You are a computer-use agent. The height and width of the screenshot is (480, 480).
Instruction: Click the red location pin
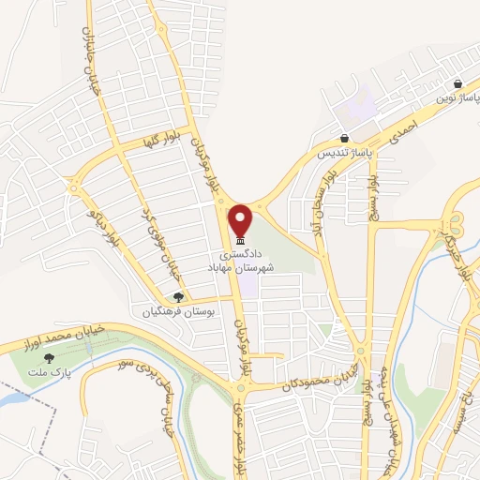[241, 221]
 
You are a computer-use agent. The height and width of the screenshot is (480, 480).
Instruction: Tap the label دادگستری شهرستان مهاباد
[248, 262]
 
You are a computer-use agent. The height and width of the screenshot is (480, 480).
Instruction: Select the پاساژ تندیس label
[344, 151]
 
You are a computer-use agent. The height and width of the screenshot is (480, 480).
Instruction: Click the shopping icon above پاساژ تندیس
[345, 138]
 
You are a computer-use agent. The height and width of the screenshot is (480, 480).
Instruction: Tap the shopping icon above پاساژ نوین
[457, 83]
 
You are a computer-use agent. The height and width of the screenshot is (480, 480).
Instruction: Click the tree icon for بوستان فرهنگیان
[178, 297]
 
